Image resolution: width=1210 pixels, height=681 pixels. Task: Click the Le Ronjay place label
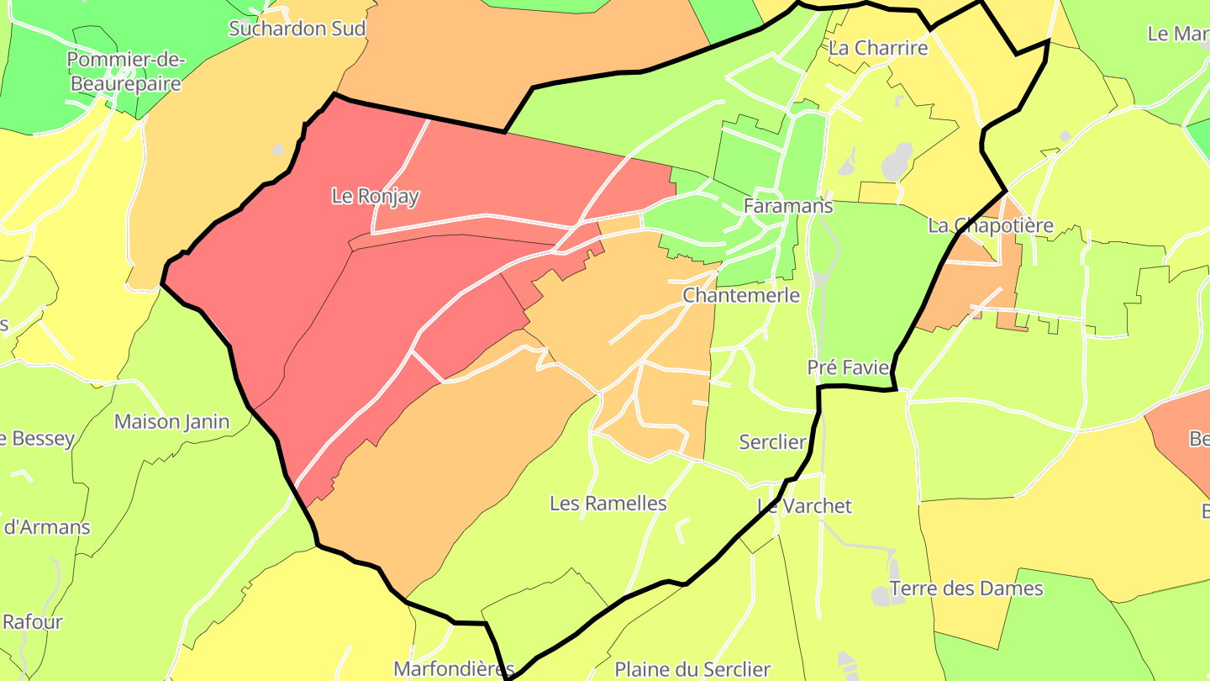tap(375, 197)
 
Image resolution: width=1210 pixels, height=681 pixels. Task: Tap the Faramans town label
tap(787, 206)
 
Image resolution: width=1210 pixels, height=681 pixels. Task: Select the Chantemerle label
tap(741, 295)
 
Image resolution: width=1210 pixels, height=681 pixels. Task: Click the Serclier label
tap(772, 441)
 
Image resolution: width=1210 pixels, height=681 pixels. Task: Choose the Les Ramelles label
tap(608, 504)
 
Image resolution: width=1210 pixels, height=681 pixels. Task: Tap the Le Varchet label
tap(804, 506)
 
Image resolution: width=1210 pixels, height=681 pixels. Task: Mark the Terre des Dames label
tap(965, 589)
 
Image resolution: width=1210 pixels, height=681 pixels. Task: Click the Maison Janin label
tap(171, 421)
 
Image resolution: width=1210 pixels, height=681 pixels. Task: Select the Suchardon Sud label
tap(297, 29)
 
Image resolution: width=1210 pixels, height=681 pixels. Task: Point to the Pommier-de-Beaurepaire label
tap(125, 71)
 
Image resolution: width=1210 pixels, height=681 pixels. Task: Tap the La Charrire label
tap(878, 48)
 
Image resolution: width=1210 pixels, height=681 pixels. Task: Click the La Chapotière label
tap(990, 226)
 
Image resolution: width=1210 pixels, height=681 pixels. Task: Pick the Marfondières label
tap(453, 670)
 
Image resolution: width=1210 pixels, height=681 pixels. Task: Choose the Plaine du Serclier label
tap(692, 670)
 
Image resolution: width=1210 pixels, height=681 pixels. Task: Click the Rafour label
tap(33, 622)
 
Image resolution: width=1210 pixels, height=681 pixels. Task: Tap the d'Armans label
tap(47, 528)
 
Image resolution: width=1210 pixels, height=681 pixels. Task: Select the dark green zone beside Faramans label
tap(874, 277)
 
